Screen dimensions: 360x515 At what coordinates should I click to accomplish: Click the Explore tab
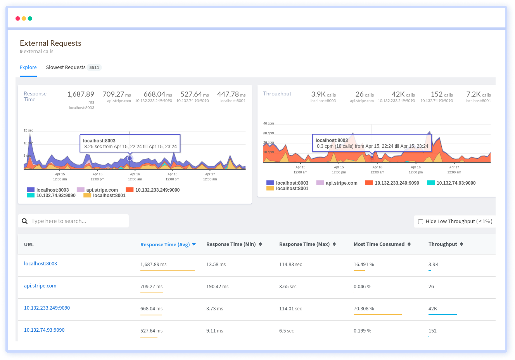(28, 67)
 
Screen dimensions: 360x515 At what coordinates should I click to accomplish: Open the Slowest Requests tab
(66, 67)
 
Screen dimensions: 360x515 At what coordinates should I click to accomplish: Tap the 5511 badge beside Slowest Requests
(94, 67)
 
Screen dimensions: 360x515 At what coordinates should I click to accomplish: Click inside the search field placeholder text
(59, 221)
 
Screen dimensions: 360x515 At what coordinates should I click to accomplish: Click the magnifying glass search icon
(25, 221)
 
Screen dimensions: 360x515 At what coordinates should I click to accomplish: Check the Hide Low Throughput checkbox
(420, 222)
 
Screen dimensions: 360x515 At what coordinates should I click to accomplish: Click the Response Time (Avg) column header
(165, 244)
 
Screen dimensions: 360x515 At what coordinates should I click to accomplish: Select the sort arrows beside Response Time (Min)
(260, 244)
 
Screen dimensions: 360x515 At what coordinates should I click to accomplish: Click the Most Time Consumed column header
(379, 244)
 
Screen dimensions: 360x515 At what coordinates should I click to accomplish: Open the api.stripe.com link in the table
(40, 286)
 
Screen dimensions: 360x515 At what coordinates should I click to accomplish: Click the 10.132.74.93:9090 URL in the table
(44, 330)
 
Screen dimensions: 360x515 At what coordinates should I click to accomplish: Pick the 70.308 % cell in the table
(364, 309)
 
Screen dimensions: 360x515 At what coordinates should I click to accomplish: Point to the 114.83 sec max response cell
(290, 265)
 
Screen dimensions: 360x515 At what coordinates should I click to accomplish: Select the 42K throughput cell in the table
(433, 309)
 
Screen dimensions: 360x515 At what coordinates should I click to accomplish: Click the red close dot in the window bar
(17, 19)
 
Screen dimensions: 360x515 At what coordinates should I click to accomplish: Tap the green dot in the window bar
(30, 19)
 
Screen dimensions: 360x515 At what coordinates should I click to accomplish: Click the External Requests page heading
(50, 43)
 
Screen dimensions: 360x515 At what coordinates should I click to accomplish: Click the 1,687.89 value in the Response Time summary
(81, 94)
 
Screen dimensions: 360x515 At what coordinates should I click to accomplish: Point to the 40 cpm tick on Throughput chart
(268, 123)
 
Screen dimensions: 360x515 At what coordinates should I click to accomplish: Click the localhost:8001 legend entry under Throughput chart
(292, 189)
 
